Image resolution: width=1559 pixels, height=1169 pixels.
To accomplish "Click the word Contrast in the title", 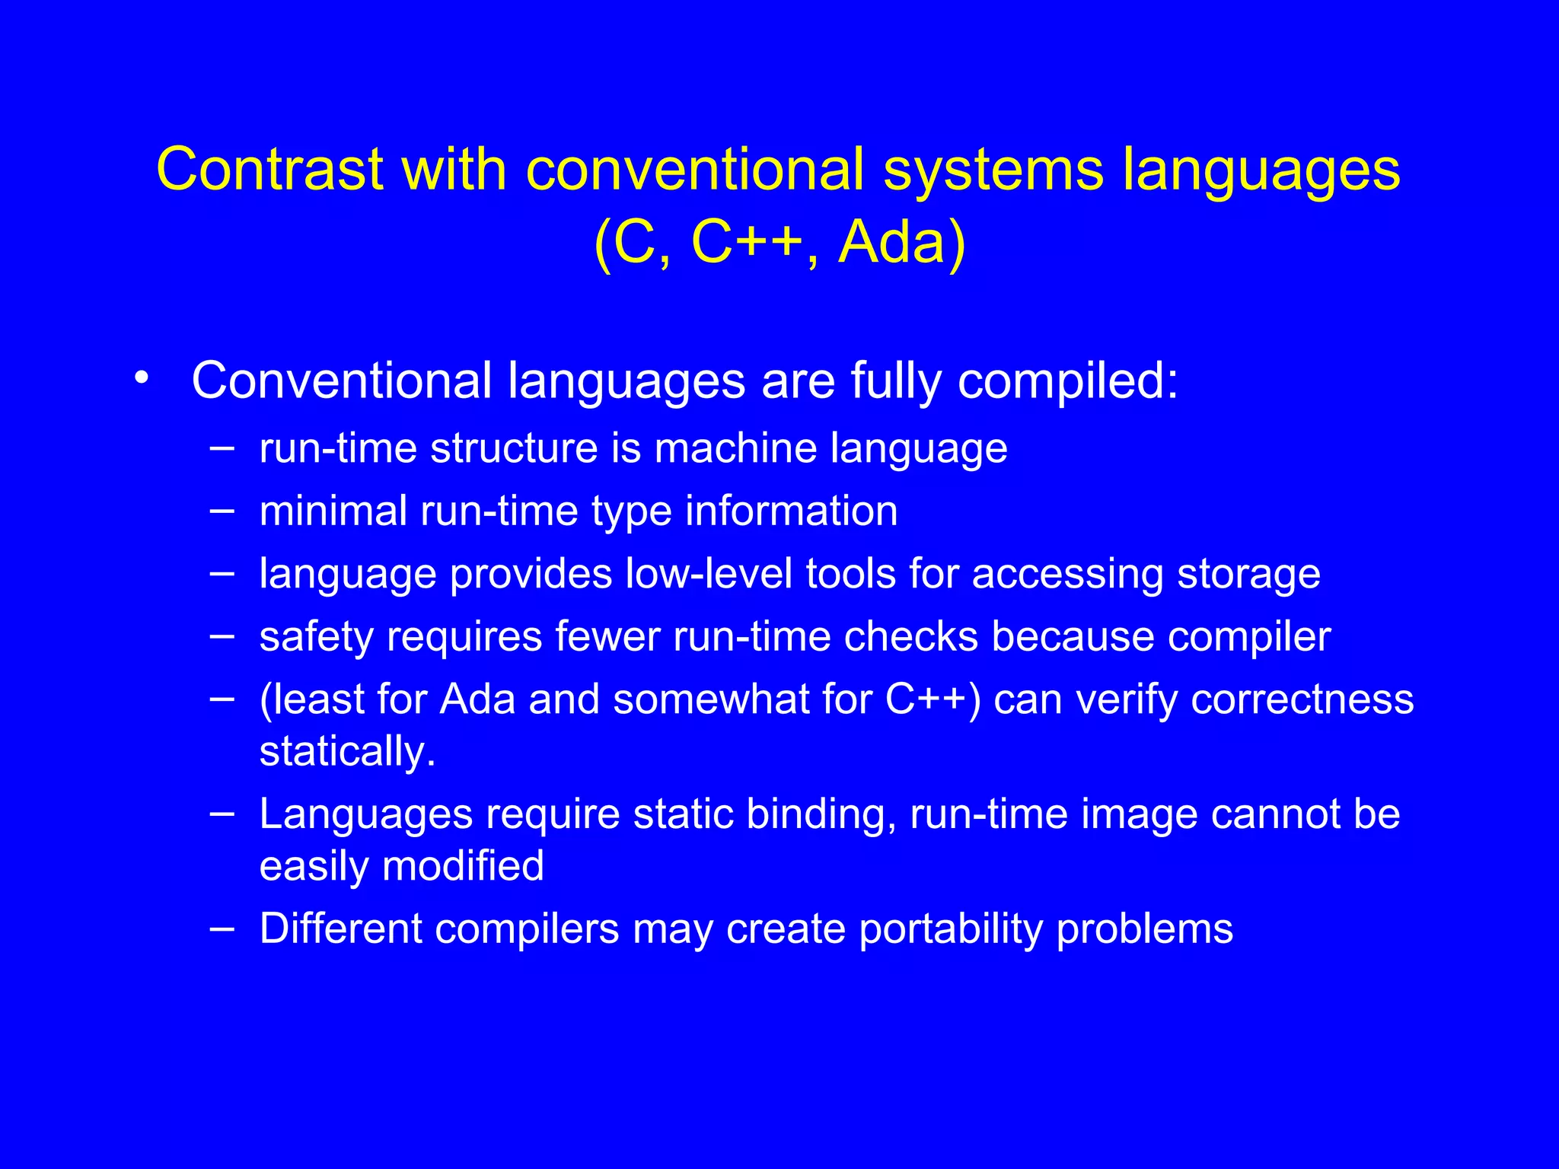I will (x=269, y=169).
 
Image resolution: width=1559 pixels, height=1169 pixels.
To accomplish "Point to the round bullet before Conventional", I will (x=140, y=378).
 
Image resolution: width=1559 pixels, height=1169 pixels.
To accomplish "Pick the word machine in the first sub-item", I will (x=735, y=448).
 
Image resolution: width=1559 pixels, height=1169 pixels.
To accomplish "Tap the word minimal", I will (x=333, y=510).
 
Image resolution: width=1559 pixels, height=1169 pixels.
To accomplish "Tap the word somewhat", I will (x=711, y=699).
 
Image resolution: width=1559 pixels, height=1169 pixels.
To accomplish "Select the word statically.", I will (x=347, y=752).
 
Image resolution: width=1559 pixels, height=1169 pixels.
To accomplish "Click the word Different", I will (x=340, y=929).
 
